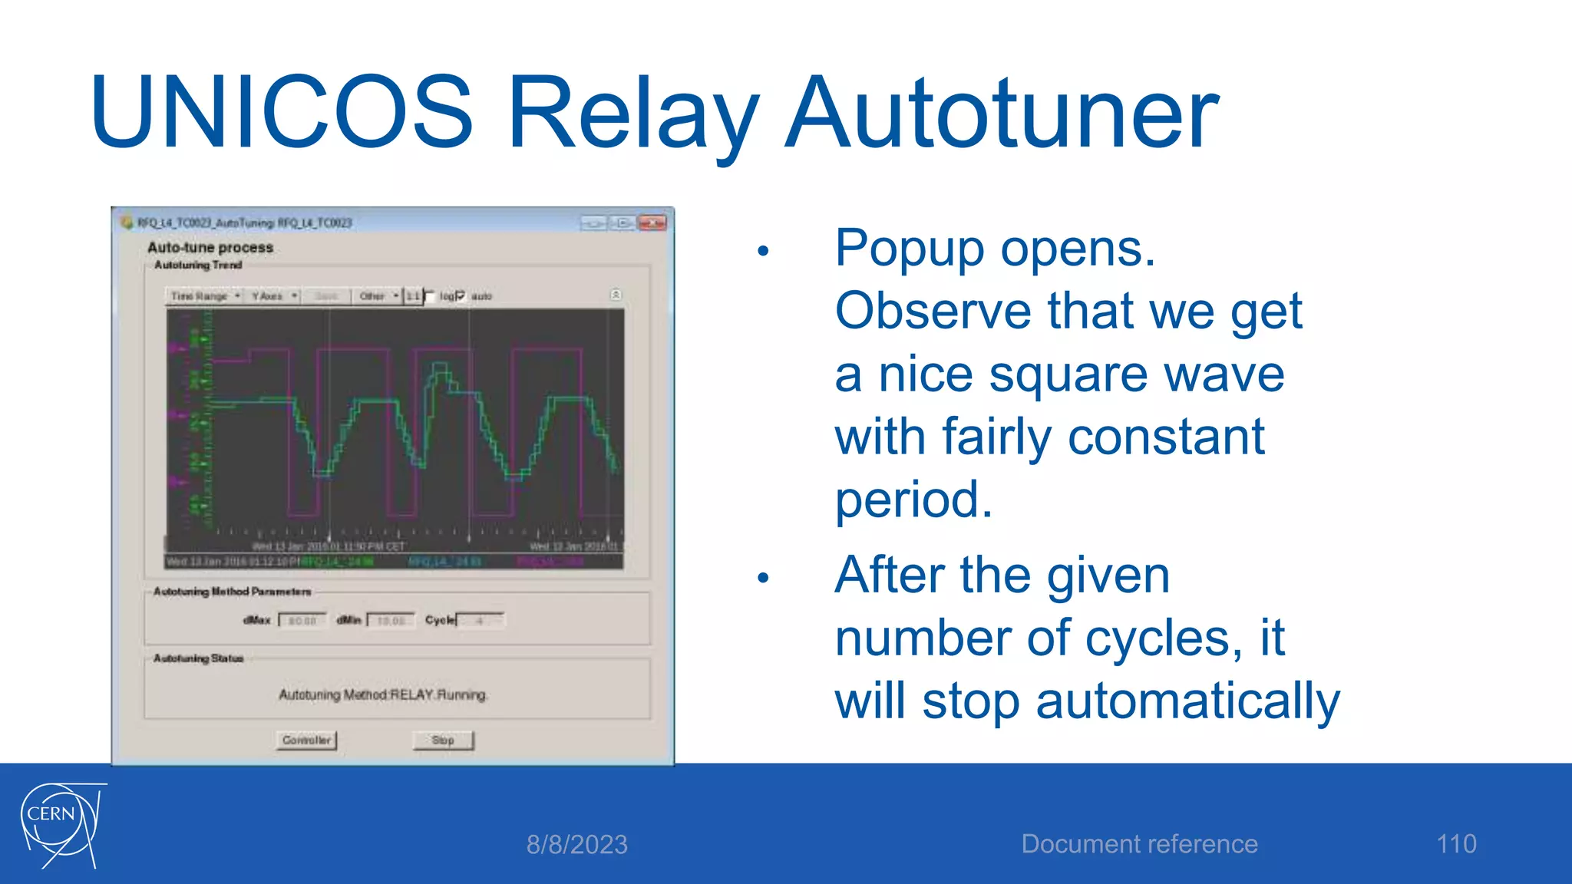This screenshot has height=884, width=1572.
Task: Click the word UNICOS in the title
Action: click(x=281, y=113)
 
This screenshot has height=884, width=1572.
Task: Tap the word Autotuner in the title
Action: click(x=1001, y=113)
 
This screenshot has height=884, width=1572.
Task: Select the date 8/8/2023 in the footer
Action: click(x=576, y=844)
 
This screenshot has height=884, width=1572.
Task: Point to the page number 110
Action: click(x=1456, y=843)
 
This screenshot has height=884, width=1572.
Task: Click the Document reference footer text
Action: click(x=1139, y=843)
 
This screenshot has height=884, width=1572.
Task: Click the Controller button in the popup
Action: click(x=306, y=740)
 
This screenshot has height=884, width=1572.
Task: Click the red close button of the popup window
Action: click(x=652, y=223)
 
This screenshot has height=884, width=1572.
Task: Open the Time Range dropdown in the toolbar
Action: click(x=205, y=296)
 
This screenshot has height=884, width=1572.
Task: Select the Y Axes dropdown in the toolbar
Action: click(x=273, y=296)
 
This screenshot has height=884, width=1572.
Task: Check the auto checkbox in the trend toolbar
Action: click(x=461, y=296)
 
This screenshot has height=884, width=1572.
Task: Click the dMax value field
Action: click(x=302, y=620)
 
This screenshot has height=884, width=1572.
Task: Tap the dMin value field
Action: click(x=391, y=620)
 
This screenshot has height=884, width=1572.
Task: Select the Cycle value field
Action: click(x=481, y=620)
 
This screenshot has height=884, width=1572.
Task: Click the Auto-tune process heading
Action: click(x=210, y=247)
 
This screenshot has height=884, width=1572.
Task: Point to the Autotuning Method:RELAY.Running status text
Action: click(x=383, y=694)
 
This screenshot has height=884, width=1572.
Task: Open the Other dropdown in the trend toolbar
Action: click(x=378, y=296)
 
